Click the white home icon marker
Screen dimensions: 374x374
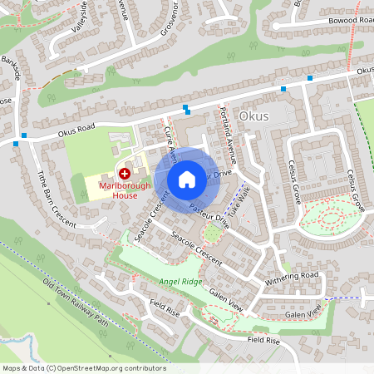pos(187,178)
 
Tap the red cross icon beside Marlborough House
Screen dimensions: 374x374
pos(125,174)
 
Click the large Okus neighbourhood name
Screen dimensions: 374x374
pos(253,116)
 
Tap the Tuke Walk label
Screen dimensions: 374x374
pos(239,199)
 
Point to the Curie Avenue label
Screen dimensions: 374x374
pos(171,140)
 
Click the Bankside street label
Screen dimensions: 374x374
pos(12,69)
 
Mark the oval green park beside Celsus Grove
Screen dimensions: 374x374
pos(330,218)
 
